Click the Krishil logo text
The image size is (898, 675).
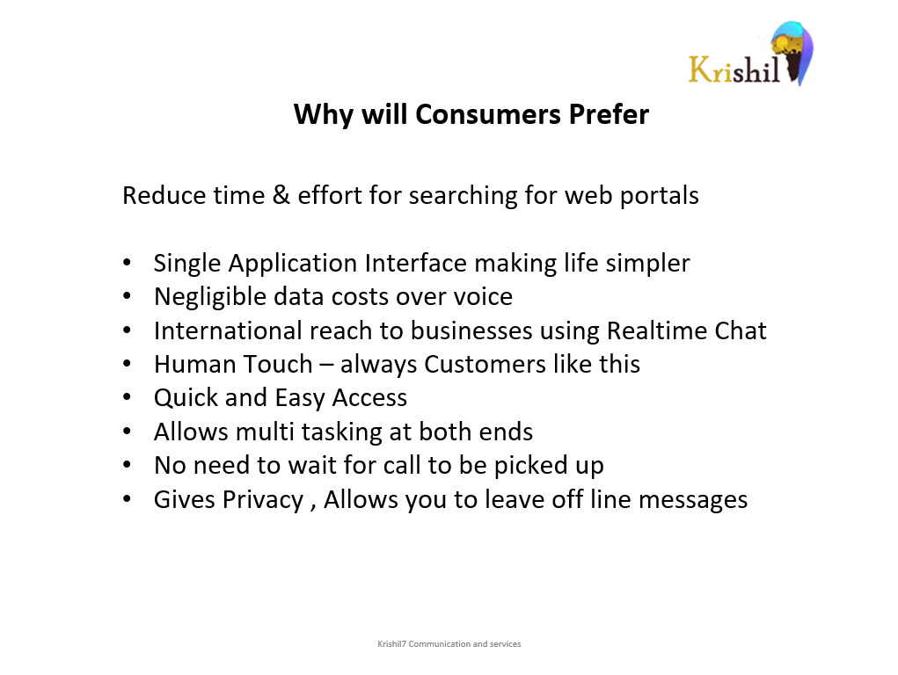click(734, 69)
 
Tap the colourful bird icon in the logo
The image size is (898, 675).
click(792, 53)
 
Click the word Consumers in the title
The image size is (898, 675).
click(488, 114)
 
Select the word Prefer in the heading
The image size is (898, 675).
click(609, 114)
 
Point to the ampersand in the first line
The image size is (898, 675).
click(281, 195)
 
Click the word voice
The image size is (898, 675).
click(483, 297)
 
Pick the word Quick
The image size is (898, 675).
click(186, 398)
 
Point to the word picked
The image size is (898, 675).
click(530, 466)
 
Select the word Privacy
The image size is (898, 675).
click(263, 500)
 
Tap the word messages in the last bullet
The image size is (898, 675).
click(693, 500)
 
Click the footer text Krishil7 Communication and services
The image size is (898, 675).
click(449, 644)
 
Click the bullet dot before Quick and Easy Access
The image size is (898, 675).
click(127, 397)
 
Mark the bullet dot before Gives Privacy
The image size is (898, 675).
click(127, 498)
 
